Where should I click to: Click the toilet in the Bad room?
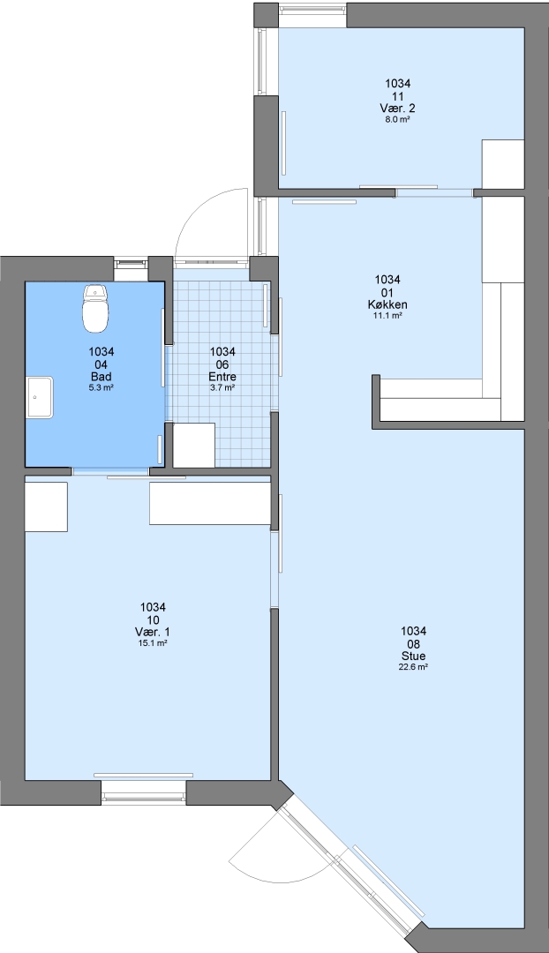(x=94, y=308)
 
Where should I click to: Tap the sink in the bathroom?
(x=40, y=397)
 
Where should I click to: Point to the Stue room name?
(x=413, y=656)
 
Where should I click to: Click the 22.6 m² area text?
(x=413, y=667)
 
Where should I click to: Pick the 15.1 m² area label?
(x=154, y=642)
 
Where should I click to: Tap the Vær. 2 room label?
(x=397, y=109)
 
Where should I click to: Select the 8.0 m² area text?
(x=397, y=120)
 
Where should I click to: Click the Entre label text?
(x=222, y=376)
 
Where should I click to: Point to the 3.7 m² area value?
(x=222, y=387)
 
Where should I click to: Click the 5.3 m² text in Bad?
(x=102, y=387)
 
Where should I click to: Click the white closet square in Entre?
(x=194, y=445)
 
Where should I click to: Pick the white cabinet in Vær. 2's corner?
(x=503, y=164)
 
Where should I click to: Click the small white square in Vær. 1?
(x=46, y=507)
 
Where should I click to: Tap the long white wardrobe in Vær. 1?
(x=210, y=503)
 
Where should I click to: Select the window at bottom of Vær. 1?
(x=144, y=792)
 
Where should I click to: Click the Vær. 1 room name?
(x=154, y=632)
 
